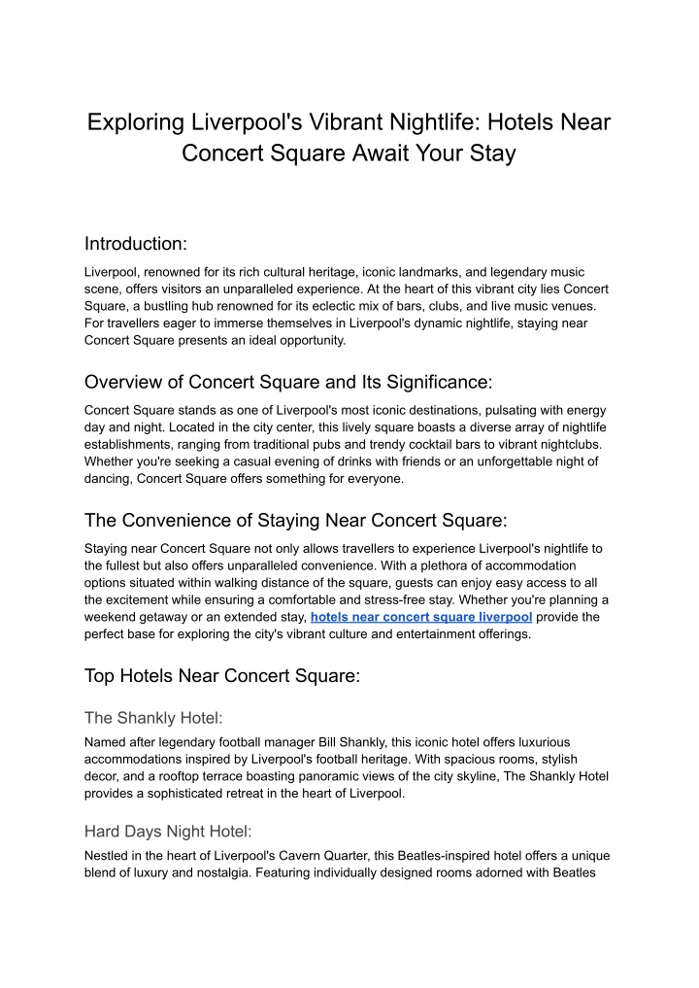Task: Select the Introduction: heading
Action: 135,243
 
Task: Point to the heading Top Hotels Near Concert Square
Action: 222,675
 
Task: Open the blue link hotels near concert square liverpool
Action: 420,617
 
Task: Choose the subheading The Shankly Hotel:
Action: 153,718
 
